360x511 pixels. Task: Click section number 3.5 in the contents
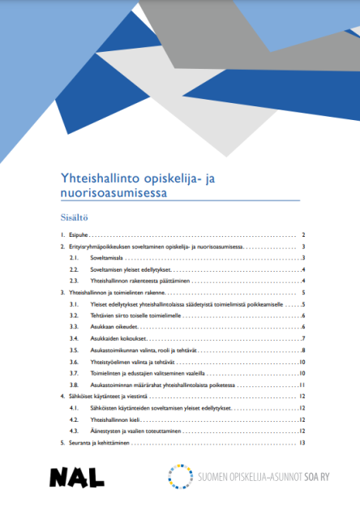click(73, 350)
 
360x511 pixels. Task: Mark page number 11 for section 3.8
click(301, 384)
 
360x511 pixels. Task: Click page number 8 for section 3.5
click(302, 350)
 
